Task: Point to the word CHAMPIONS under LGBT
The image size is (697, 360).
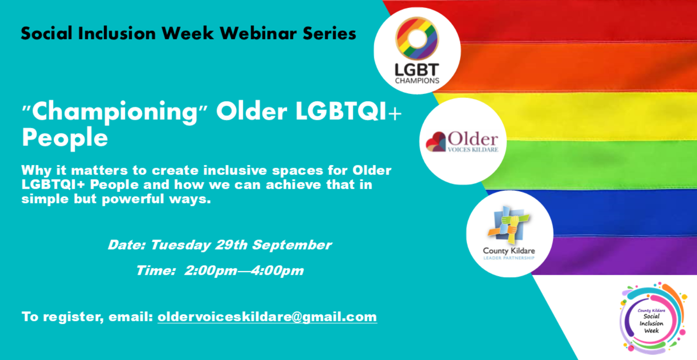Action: point(417,81)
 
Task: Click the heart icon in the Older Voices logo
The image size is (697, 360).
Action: point(436,142)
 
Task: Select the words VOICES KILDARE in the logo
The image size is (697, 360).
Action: point(473,149)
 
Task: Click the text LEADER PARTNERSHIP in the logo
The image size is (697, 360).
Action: point(509,258)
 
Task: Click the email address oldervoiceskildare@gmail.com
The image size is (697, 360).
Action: point(267,317)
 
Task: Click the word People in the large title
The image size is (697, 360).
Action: point(65,138)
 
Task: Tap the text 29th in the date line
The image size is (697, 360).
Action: point(231,245)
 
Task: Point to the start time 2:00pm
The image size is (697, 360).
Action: point(211,270)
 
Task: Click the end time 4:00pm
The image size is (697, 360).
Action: point(277,270)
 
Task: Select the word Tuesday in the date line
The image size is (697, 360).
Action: point(181,245)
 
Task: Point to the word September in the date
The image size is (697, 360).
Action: point(292,245)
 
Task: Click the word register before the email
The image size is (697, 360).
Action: point(73,317)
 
